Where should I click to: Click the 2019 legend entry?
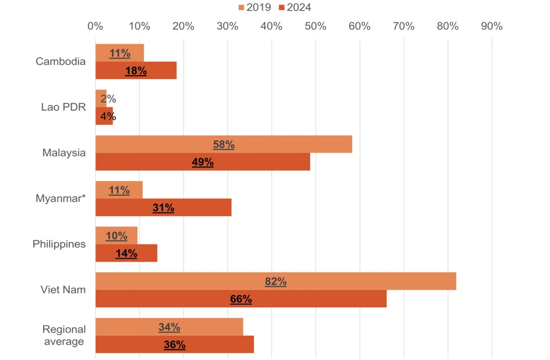tap(254, 7)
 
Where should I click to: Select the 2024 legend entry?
tap(295, 7)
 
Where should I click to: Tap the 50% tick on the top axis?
tap(315, 26)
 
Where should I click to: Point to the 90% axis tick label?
tap(491, 26)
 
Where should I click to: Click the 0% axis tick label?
tap(95, 26)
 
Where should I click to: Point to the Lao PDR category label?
tap(63, 107)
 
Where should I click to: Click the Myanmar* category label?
tap(61, 198)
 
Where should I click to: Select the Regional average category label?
tap(64, 335)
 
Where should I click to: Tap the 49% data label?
tap(202, 162)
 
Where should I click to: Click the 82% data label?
tap(276, 281)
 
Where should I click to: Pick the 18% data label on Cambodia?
tap(136, 70)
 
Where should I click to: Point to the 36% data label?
tap(174, 345)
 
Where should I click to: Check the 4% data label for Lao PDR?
tap(108, 116)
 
